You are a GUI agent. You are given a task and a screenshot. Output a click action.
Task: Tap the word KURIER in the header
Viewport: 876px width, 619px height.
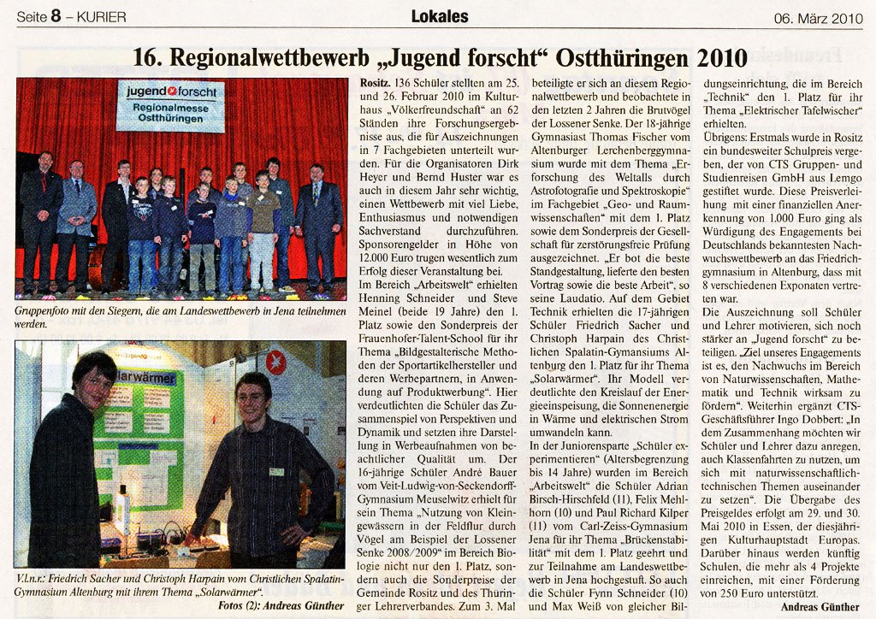point(101,17)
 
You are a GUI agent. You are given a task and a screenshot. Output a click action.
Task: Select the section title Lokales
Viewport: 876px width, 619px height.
point(440,15)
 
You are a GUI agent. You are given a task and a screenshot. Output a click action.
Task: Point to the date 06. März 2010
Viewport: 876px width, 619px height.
point(820,17)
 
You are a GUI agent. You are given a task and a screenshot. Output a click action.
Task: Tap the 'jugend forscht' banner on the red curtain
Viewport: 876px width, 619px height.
point(170,104)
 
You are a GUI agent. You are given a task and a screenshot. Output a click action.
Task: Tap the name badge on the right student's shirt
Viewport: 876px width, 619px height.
point(276,471)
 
